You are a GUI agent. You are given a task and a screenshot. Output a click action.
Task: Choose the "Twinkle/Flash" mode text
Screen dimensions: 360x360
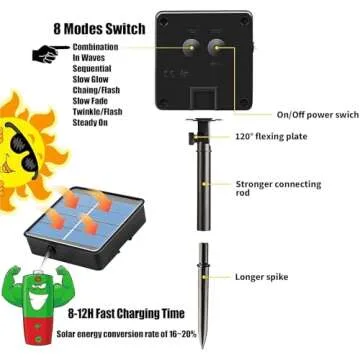coord(98,120)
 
